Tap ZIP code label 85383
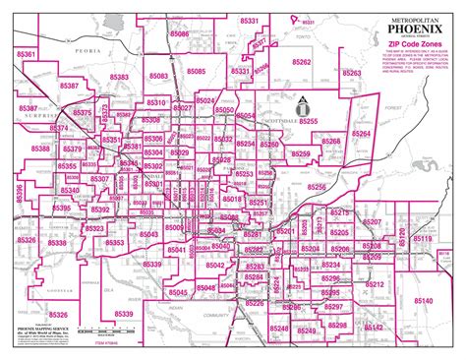pos(120,75)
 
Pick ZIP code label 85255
pos(309,119)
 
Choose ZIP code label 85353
pos(114,242)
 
